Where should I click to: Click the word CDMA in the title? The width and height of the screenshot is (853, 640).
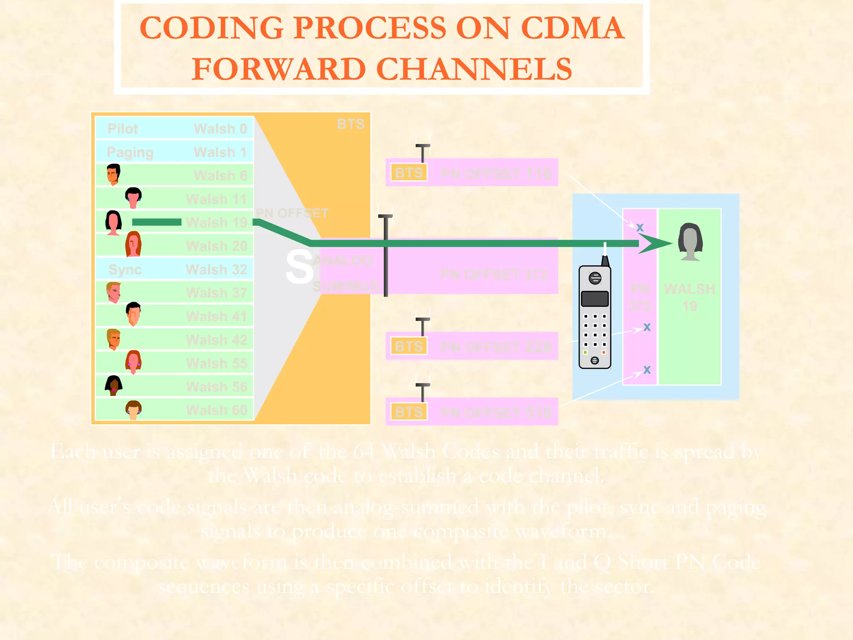[572, 28]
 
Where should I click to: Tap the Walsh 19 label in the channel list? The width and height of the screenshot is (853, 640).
[217, 222]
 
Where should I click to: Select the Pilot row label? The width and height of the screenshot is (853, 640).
[122, 129]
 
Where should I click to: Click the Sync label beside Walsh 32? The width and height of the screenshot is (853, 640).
[125, 270]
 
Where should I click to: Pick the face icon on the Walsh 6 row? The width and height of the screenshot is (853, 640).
[113, 174]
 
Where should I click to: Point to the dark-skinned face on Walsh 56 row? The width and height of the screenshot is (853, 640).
[113, 385]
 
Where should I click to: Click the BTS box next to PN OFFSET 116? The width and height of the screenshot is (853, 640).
[409, 172]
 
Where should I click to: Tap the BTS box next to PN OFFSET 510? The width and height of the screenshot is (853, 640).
[409, 412]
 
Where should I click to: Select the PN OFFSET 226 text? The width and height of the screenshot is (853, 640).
[496, 347]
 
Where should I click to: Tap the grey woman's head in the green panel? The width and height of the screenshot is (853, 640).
[690, 241]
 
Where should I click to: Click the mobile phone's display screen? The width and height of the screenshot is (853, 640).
[594, 299]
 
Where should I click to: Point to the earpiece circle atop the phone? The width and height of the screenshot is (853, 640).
[595, 278]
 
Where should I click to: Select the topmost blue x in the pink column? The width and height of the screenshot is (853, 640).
[640, 227]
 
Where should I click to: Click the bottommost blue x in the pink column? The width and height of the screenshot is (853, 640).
[646, 370]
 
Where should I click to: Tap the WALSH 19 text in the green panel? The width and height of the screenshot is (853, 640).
[690, 297]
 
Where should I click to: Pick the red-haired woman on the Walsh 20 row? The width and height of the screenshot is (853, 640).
[133, 244]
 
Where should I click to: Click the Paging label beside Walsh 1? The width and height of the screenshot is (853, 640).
[130, 152]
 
